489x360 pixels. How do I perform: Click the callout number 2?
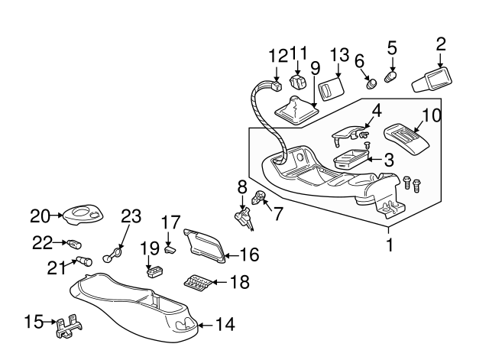pos(440,44)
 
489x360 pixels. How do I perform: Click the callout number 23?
pos(131,216)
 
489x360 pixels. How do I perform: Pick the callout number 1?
pos(390,246)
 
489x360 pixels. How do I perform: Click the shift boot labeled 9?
pos(295,109)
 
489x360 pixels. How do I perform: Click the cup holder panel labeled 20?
pos(83,215)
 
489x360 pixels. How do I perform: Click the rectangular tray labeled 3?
pos(352,161)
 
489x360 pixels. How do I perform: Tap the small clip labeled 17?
pos(170,247)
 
